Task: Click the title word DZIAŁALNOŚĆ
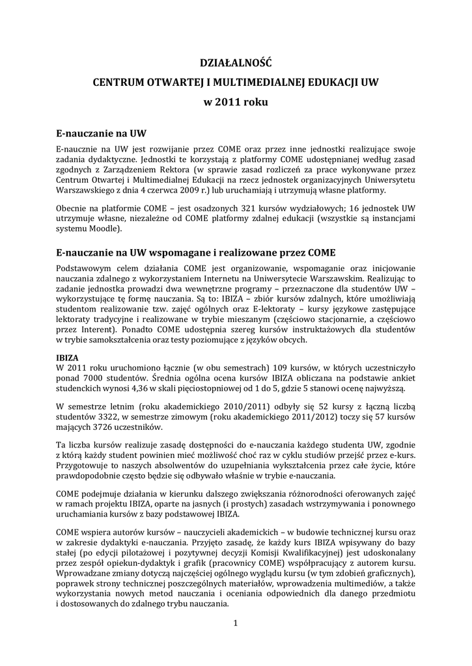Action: click(x=235, y=64)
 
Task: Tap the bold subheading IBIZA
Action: click(x=68, y=357)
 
